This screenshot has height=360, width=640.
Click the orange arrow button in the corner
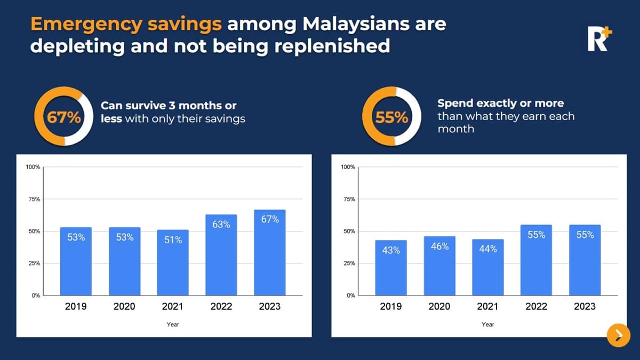pyautogui.click(x=618, y=335)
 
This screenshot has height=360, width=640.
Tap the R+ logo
pyautogui.click(x=599, y=39)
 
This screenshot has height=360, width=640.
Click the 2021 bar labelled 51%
pyautogui.click(x=173, y=262)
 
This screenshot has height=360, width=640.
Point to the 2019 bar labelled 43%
pyautogui.click(x=391, y=268)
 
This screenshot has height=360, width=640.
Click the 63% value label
pyautogui.click(x=221, y=225)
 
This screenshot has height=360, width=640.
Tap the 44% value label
pyautogui.click(x=488, y=249)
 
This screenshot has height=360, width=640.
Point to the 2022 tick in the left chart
pyautogui.click(x=221, y=307)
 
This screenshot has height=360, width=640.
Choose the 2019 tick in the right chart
pyautogui.click(x=391, y=307)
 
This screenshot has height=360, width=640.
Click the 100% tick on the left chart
pyautogui.click(x=33, y=167)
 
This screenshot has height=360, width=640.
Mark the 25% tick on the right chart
pyautogui.click(x=348, y=263)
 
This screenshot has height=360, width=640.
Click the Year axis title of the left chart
pyautogui.click(x=173, y=324)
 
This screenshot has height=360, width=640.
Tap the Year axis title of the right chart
pyautogui.click(x=488, y=324)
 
